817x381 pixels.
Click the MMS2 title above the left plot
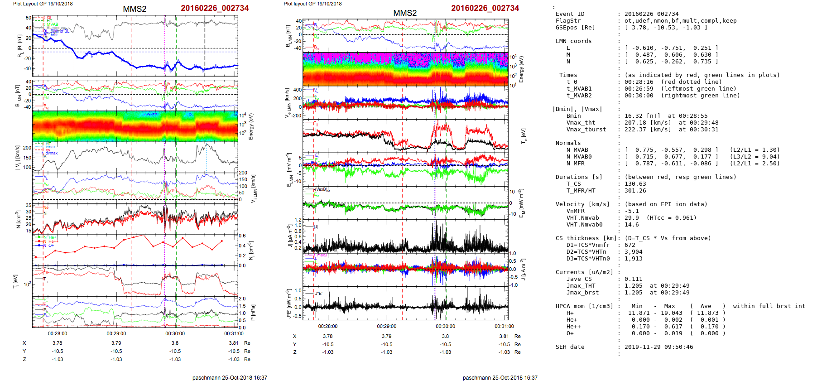(x=135, y=9)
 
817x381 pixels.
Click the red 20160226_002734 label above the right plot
(x=485, y=8)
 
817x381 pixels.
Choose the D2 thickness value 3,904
(x=633, y=252)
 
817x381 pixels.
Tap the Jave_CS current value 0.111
(x=633, y=279)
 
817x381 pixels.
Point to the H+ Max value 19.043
(x=671, y=313)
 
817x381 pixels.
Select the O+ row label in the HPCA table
(x=570, y=333)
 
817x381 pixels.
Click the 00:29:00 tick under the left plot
(x=116, y=333)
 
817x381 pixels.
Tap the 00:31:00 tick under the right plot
(x=504, y=326)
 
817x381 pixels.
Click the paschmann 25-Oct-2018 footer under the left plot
(x=230, y=377)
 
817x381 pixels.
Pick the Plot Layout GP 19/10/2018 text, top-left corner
(x=43, y=4)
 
